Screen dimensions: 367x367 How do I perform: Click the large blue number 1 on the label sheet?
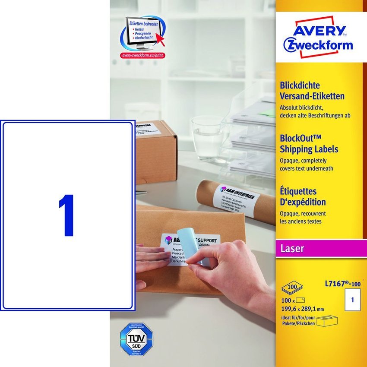[68, 215]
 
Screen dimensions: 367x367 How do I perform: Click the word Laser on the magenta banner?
[292, 248]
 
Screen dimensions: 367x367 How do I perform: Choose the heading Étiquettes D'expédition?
[304, 196]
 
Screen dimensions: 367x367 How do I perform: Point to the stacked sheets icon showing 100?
[291, 287]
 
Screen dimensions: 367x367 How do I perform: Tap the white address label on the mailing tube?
[237, 197]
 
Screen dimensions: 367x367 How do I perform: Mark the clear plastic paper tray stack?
[250, 138]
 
